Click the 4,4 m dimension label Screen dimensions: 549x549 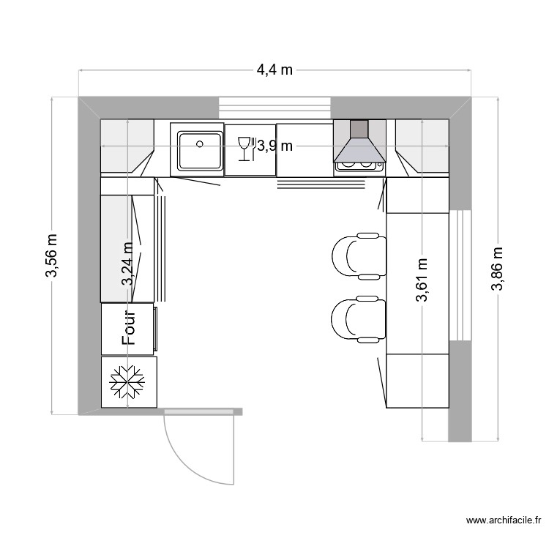coord(274,70)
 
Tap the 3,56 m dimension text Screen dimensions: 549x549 coord(52,256)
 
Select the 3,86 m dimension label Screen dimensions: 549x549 coord(498,268)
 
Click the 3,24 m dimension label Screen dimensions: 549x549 coord(128,263)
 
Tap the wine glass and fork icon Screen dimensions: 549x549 coord(245,149)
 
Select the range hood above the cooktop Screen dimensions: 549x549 coord(359,143)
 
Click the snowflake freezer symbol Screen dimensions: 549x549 coord(128,381)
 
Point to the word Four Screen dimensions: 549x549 coord(130,327)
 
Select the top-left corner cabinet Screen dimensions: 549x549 coord(126,147)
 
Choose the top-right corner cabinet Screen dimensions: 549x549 coord(422,147)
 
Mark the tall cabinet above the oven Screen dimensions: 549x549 coord(126,248)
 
